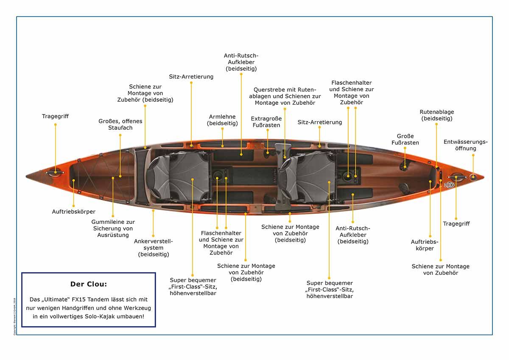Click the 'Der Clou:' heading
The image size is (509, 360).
89,284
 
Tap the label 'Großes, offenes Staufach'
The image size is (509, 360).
120,124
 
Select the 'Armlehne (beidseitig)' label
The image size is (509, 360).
222,120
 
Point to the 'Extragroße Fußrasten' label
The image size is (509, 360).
266,122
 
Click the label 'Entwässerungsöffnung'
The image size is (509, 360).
466,145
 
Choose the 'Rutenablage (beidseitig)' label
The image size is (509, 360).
437,115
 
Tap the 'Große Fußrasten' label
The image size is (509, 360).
405,140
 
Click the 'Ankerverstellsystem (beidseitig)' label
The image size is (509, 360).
154,248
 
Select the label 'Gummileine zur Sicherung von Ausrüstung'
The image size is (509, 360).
113,228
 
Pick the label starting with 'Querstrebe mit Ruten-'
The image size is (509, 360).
285,96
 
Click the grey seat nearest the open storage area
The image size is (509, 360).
178,176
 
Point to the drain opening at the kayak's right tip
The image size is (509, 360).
473,176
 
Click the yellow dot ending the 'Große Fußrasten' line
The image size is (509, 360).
405,167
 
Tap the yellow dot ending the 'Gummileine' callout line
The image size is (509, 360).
113,178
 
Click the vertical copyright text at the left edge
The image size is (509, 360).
15,316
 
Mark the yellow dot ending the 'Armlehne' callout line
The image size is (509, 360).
222,146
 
